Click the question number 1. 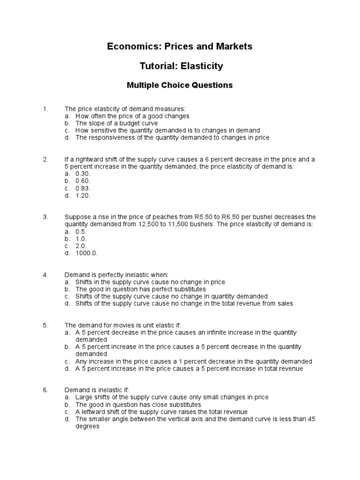pyautogui.click(x=45, y=109)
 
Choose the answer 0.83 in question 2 pyautogui.click(x=82, y=188)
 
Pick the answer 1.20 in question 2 pyautogui.click(x=82, y=195)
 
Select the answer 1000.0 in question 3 pyautogui.click(x=87, y=253)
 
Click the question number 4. pyautogui.click(x=45, y=275)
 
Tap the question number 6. pyautogui.click(x=45, y=390)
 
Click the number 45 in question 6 pyautogui.click(x=311, y=419)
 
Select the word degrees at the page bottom pyautogui.click(x=87, y=427)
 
